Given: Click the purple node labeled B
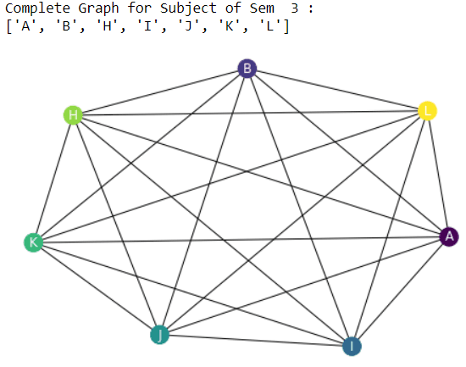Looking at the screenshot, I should pos(247,69).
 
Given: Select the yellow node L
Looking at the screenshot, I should pos(428,111).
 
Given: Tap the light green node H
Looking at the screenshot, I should pos(74,115).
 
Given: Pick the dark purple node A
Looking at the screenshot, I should pos(450,236).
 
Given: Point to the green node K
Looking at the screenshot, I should pos(33,242).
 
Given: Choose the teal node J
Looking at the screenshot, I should pos(158,335).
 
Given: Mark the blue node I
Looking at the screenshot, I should pos(352,346).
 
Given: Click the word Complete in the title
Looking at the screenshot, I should pos(34,9).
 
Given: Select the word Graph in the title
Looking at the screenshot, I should pos(89,9).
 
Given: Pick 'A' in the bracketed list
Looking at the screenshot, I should pos(25,27).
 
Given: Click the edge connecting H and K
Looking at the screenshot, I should pos(53,179).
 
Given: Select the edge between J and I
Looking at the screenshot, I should pos(255,340).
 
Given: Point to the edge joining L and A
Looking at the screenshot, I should pos(439,174).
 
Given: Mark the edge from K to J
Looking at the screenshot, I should pos(96,288).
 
